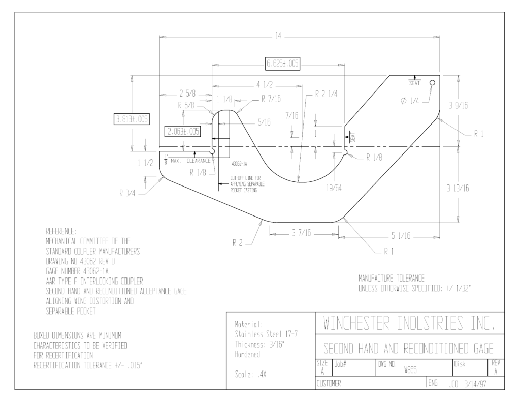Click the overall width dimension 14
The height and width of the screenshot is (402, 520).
[278, 36]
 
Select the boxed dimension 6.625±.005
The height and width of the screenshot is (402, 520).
[283, 64]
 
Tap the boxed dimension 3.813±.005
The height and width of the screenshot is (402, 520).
[132, 119]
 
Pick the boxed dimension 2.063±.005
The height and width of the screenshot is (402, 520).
[183, 131]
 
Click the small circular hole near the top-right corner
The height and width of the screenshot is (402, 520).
[432, 83]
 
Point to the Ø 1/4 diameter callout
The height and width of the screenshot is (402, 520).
[410, 101]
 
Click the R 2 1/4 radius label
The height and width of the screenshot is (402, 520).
[326, 94]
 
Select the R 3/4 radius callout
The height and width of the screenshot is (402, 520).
[127, 194]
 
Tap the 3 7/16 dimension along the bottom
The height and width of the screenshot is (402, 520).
[302, 233]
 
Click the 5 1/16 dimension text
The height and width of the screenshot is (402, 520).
[401, 236]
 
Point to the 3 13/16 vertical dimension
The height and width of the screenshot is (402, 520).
[458, 188]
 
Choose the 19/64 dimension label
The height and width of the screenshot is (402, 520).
[334, 188]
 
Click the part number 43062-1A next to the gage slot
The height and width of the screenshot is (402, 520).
[239, 164]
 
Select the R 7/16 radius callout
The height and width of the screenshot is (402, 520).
[271, 99]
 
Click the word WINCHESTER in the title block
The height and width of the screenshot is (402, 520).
[356, 323]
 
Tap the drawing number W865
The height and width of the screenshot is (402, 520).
[410, 370]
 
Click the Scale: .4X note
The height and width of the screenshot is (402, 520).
[250, 375]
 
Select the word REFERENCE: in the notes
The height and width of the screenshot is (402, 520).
[61, 231]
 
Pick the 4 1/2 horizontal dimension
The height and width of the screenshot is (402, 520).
[264, 85]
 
